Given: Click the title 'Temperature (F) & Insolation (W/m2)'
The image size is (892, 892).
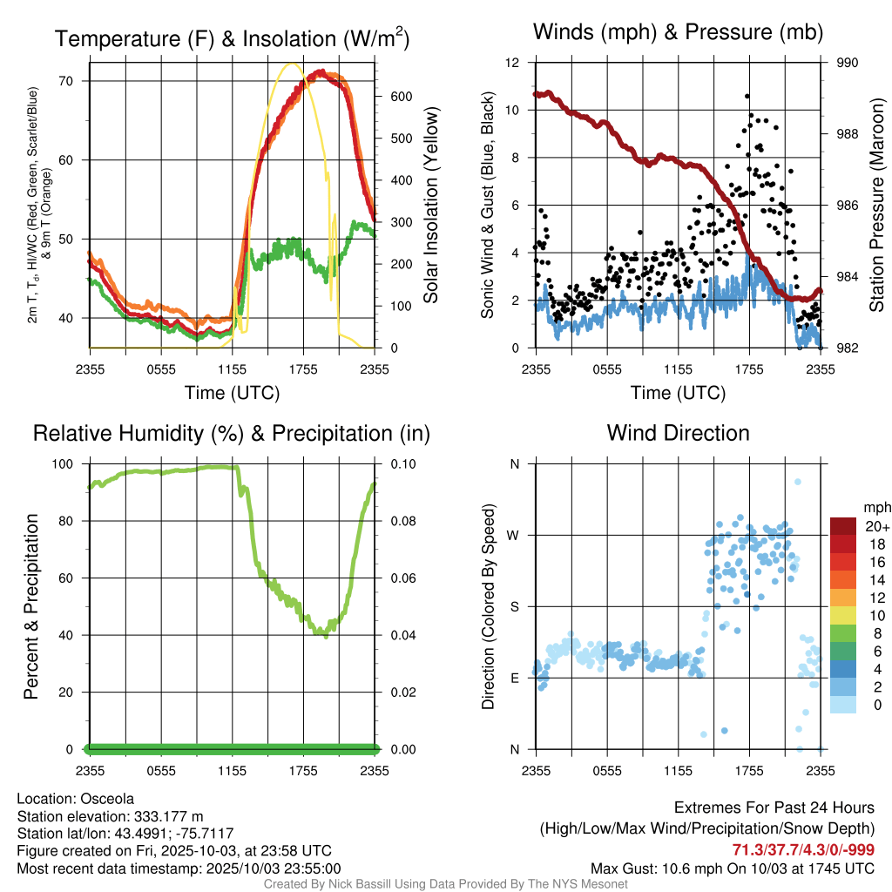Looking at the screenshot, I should [232, 38].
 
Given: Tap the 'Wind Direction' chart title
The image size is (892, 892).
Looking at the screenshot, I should [678, 433].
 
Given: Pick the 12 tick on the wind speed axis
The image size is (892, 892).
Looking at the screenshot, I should [512, 63].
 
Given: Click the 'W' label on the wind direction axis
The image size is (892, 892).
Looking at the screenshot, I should [514, 535].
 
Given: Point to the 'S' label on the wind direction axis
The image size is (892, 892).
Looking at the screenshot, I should [514, 606].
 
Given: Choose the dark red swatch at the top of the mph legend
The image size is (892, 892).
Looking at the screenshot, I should [843, 526].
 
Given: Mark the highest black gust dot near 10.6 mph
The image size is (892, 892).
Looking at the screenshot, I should [747, 96].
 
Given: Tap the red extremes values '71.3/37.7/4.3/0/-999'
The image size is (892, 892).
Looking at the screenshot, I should [803, 850].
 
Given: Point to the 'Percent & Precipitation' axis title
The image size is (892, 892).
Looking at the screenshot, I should [31, 606].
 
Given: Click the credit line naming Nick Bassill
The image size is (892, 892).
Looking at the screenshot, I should [446, 883].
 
